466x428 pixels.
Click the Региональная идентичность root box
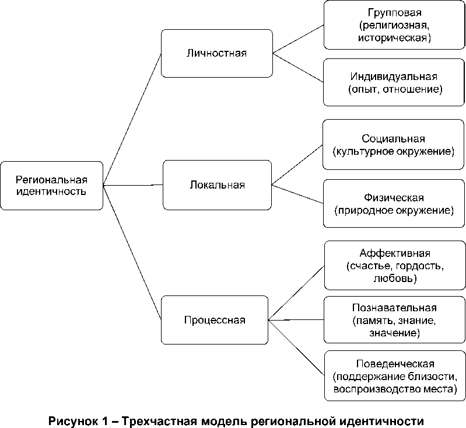51,185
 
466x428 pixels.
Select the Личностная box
217,53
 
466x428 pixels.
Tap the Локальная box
217,185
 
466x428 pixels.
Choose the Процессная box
215,319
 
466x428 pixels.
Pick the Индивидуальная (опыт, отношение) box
394,83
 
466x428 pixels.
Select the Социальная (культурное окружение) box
394,145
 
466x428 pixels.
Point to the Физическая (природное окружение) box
394,203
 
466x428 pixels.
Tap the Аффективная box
394,266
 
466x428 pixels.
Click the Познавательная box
394,321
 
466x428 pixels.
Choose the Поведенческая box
394,375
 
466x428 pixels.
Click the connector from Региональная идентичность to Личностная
132,119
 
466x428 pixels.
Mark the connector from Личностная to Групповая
298,39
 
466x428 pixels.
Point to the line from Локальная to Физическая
298,194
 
